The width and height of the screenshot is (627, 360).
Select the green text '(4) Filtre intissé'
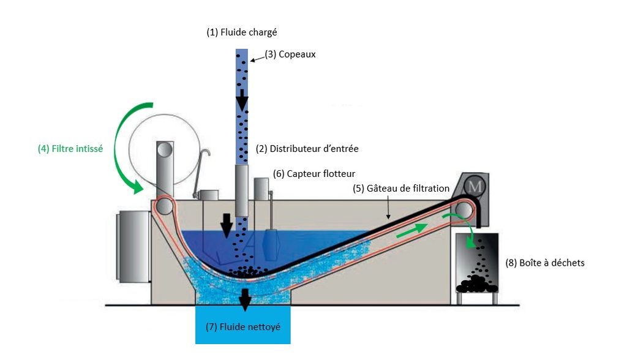(x=70, y=148)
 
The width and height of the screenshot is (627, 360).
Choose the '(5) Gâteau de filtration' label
(x=401, y=188)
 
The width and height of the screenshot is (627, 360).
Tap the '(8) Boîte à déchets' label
(x=544, y=263)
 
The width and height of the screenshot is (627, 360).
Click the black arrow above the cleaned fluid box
(x=246, y=299)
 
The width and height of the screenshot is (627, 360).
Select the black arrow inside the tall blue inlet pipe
(x=242, y=100)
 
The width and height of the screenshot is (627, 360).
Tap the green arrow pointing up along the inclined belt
(x=411, y=231)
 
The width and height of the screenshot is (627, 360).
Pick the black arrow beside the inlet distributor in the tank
(x=227, y=226)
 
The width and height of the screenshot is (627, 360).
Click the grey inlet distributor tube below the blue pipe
(x=241, y=190)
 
